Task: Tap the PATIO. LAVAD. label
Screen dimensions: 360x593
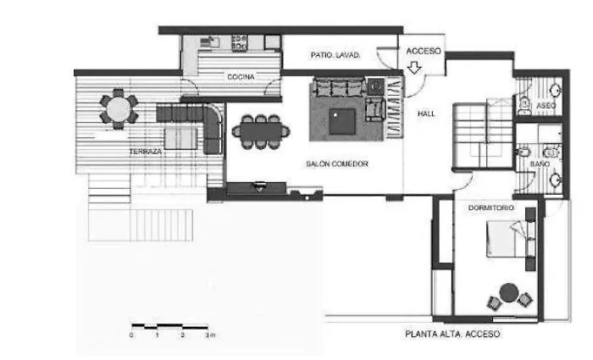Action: click(x=335, y=55)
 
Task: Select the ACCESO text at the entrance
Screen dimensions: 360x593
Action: click(x=424, y=51)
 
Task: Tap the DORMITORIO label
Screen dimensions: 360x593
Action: click(x=493, y=208)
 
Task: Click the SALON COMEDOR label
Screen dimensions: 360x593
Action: click(x=336, y=163)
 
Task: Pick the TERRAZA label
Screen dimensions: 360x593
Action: click(x=146, y=152)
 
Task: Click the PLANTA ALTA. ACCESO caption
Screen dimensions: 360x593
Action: click(x=452, y=334)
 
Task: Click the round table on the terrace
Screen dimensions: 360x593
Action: click(x=119, y=108)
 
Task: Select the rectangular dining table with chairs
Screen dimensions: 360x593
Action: click(x=261, y=130)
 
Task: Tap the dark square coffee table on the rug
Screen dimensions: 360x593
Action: click(x=344, y=119)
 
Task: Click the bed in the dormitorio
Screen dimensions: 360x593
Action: click(x=507, y=239)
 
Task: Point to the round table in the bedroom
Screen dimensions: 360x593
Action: click(x=509, y=293)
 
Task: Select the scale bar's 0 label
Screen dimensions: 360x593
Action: click(x=131, y=335)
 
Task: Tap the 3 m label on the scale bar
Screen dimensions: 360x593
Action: click(x=209, y=335)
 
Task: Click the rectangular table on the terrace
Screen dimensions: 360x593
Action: click(x=181, y=137)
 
